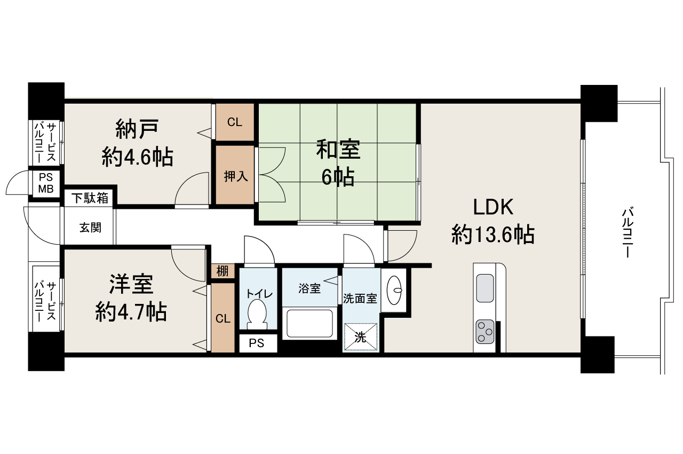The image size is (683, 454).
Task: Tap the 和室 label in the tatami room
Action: point(338,149)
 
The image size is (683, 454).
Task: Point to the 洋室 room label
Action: point(131,284)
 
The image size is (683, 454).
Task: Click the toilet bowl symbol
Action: point(258,314)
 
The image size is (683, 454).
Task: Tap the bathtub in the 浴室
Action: point(309,324)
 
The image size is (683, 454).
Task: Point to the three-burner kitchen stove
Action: point(485,332)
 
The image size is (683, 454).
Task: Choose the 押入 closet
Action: point(235,176)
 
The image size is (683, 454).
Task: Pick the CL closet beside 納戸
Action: point(235,122)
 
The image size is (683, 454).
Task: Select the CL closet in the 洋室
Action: point(223,318)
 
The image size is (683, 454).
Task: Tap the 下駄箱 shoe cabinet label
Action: point(90,198)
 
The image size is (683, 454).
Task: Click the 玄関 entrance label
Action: point(90,227)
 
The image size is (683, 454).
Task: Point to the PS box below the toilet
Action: point(257,343)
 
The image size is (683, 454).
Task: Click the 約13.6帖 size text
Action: point(493,234)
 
